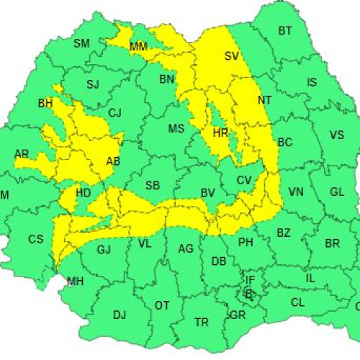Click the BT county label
coord(285,31)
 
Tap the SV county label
coord(231,56)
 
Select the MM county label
coord(138,47)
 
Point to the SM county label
coord(82,44)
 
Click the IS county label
coord(311,83)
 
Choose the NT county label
coord(265,100)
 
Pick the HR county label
coord(220,132)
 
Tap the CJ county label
coord(115,113)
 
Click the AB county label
coord(113,161)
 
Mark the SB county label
coord(152,186)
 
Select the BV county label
coord(208,193)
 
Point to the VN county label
coord(296,192)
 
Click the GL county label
coord(336,192)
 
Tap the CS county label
coord(36,240)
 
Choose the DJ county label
coord(120,315)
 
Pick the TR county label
coord(202,322)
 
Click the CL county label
coord(297,303)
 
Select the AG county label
coord(186,249)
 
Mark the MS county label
coord(176,130)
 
